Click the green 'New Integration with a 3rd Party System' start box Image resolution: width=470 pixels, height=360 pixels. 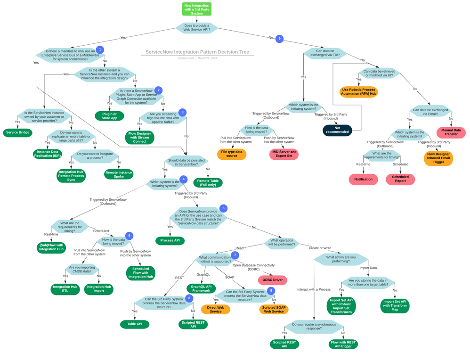click(x=197, y=9)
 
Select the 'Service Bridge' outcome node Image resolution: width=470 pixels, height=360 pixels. click(x=18, y=133)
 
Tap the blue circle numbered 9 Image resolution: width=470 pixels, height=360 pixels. click(x=279, y=39)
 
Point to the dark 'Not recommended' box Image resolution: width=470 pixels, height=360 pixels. click(x=337, y=130)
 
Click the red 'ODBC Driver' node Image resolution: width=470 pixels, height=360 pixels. click(x=272, y=280)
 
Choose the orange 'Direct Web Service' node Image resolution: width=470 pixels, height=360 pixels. click(x=216, y=309)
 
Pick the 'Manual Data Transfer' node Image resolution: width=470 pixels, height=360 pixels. click(x=451, y=132)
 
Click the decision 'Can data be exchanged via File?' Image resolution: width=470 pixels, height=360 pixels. click(x=325, y=53)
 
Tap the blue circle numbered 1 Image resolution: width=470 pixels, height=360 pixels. click(x=99, y=49)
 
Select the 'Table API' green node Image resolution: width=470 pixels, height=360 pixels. click(x=135, y=324)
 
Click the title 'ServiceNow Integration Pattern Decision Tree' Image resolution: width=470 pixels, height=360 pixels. click(x=197, y=52)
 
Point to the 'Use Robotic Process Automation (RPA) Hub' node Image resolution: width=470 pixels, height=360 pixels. click(x=358, y=92)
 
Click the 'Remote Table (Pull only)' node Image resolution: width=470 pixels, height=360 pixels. click(x=208, y=183)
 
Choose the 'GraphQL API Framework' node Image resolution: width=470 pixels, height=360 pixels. click(x=201, y=288)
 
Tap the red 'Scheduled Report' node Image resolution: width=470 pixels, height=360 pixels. click(x=400, y=179)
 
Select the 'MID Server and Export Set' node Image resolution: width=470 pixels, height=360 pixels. click(x=284, y=154)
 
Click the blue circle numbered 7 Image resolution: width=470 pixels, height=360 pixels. click(x=235, y=255)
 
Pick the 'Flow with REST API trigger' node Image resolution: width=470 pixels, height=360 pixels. click(x=343, y=344)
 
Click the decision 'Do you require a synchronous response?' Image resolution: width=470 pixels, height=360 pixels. click(x=314, y=326)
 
